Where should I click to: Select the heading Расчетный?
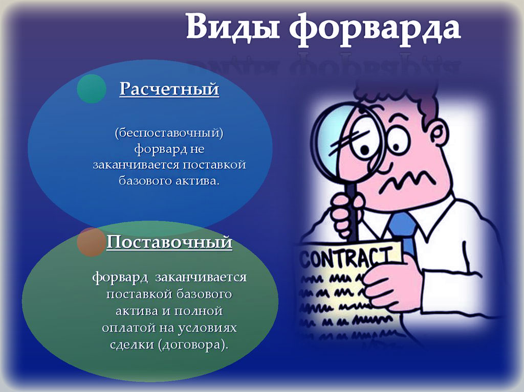point(169,89)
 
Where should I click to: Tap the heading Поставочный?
point(169,242)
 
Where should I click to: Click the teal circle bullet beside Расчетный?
point(92,88)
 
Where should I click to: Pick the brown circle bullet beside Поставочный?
point(91,242)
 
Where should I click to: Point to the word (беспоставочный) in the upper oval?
point(169,133)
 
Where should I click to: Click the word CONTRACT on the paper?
point(347,258)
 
